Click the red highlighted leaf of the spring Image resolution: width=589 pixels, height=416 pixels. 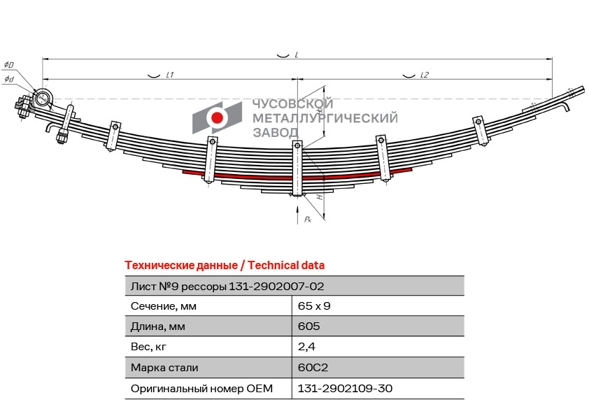pos(297,175)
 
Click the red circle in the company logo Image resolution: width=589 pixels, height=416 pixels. pos(217,117)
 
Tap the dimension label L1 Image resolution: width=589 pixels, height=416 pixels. pos(170,75)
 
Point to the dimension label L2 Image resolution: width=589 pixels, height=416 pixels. pos(425,75)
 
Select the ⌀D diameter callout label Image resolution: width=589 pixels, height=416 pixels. pos(8,65)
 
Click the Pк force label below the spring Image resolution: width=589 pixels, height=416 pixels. pos(308,219)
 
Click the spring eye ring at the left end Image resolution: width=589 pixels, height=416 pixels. pos(43,99)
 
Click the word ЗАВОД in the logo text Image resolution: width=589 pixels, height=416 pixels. pos(276,132)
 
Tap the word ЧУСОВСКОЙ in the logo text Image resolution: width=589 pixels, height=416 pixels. pos(293,103)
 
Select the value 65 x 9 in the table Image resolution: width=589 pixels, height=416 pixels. pos(314,306)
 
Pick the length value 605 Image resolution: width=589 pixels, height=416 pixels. pos(308,327)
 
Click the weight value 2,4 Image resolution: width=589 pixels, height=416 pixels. pos(306,347)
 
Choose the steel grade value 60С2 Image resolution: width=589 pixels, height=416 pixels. pos(313,367)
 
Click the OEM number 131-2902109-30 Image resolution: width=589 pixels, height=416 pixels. pos(345,388)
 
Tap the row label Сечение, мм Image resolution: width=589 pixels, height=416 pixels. pos(164,306)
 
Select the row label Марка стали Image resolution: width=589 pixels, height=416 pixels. pos(164,368)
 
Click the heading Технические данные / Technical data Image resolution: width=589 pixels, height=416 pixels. pos(225,266)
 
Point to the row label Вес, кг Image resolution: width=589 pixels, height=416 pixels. pos(148,347)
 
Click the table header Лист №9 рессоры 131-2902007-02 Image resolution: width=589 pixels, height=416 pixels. pos(227,287)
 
